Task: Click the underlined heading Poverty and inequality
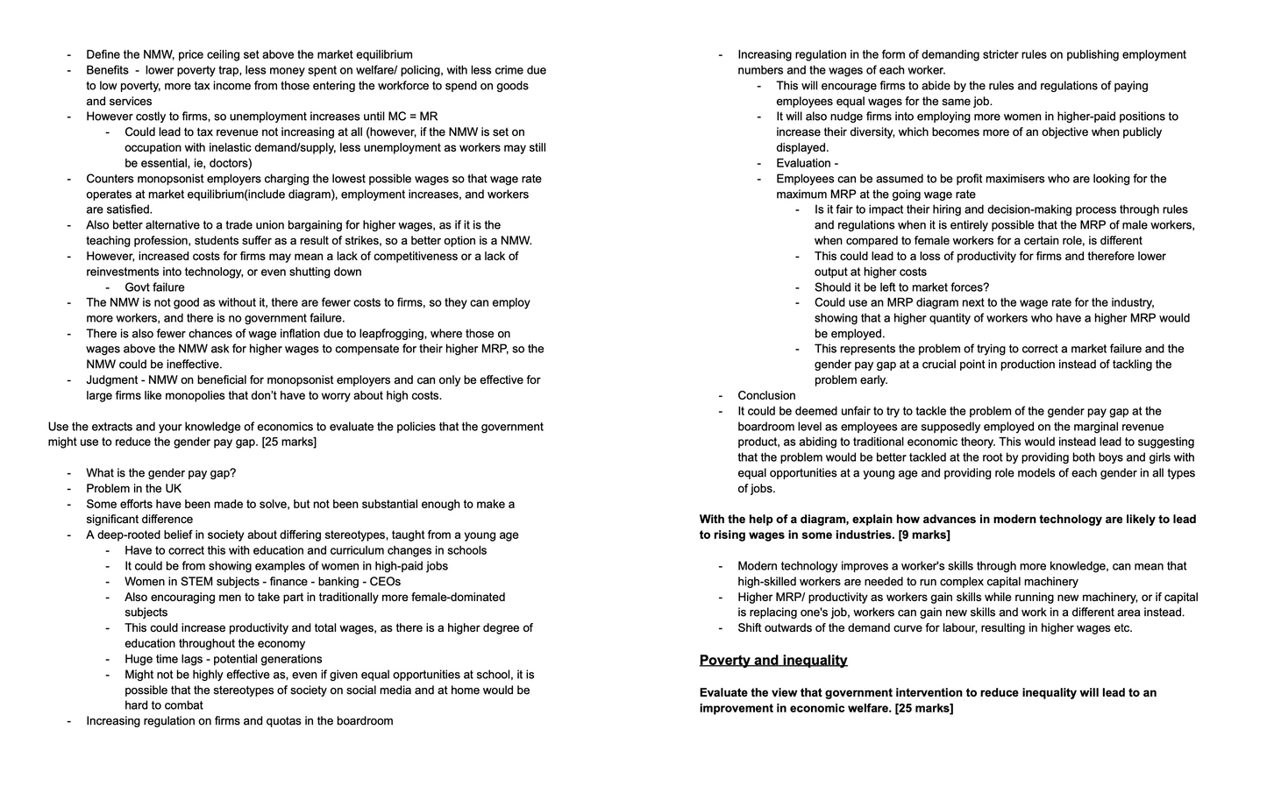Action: point(772,661)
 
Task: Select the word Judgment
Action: point(110,380)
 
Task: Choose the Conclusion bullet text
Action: point(766,396)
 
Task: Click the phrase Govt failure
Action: point(154,287)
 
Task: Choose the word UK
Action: point(172,489)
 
